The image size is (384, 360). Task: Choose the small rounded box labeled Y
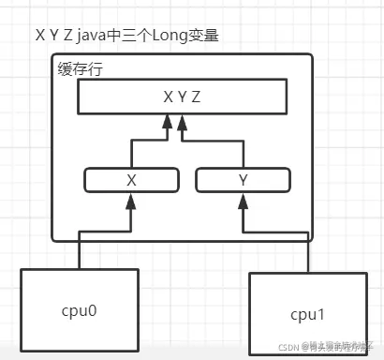[241, 178]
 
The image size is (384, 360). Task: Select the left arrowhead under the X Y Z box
[169, 119]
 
